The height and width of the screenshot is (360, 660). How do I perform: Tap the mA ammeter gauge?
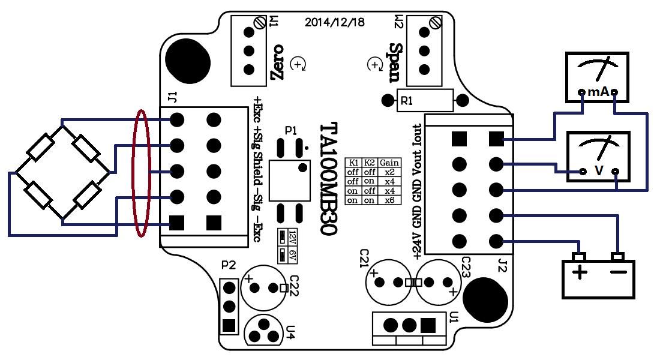(598, 76)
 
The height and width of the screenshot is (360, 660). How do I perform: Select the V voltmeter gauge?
(598, 156)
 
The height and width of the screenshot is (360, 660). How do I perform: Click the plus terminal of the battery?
(580, 274)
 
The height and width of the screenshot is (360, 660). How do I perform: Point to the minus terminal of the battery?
(617, 274)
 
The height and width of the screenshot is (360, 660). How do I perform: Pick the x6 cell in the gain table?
(390, 200)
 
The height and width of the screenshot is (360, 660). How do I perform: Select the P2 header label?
(228, 265)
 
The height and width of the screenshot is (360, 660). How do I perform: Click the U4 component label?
(291, 329)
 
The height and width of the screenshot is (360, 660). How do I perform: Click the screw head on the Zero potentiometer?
(260, 23)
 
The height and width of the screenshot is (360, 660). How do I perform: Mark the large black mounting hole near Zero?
(188, 60)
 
